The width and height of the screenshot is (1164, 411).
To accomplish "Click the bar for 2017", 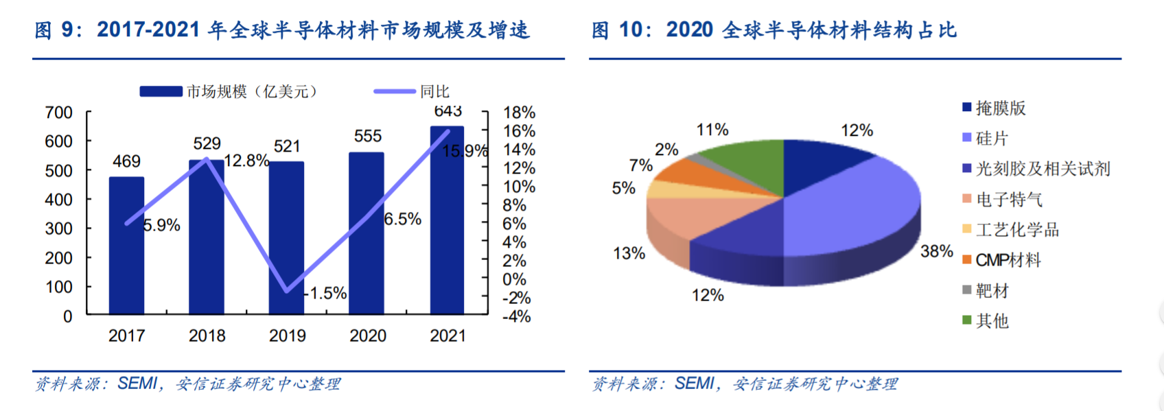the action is (126, 245).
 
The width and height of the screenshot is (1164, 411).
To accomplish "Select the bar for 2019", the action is (286, 238).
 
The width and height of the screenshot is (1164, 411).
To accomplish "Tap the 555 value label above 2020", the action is (368, 136).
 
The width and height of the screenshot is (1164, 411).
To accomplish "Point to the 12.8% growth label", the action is (246, 161).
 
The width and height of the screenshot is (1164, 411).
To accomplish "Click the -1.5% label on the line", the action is (325, 293).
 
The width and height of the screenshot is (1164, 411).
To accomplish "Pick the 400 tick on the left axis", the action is (59, 200).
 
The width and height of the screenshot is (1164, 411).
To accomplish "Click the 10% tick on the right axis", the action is (519, 187).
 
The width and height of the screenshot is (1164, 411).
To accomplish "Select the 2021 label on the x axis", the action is (447, 336).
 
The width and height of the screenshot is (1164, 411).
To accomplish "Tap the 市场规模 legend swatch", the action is (161, 91).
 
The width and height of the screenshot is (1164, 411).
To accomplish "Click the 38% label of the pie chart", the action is (936, 252).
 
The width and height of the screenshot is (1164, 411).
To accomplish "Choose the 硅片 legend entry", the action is (986, 138).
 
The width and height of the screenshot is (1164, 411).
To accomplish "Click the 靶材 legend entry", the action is (986, 290).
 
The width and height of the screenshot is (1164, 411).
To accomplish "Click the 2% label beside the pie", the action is (666, 150).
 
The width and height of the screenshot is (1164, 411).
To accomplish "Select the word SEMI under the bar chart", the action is (137, 384).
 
